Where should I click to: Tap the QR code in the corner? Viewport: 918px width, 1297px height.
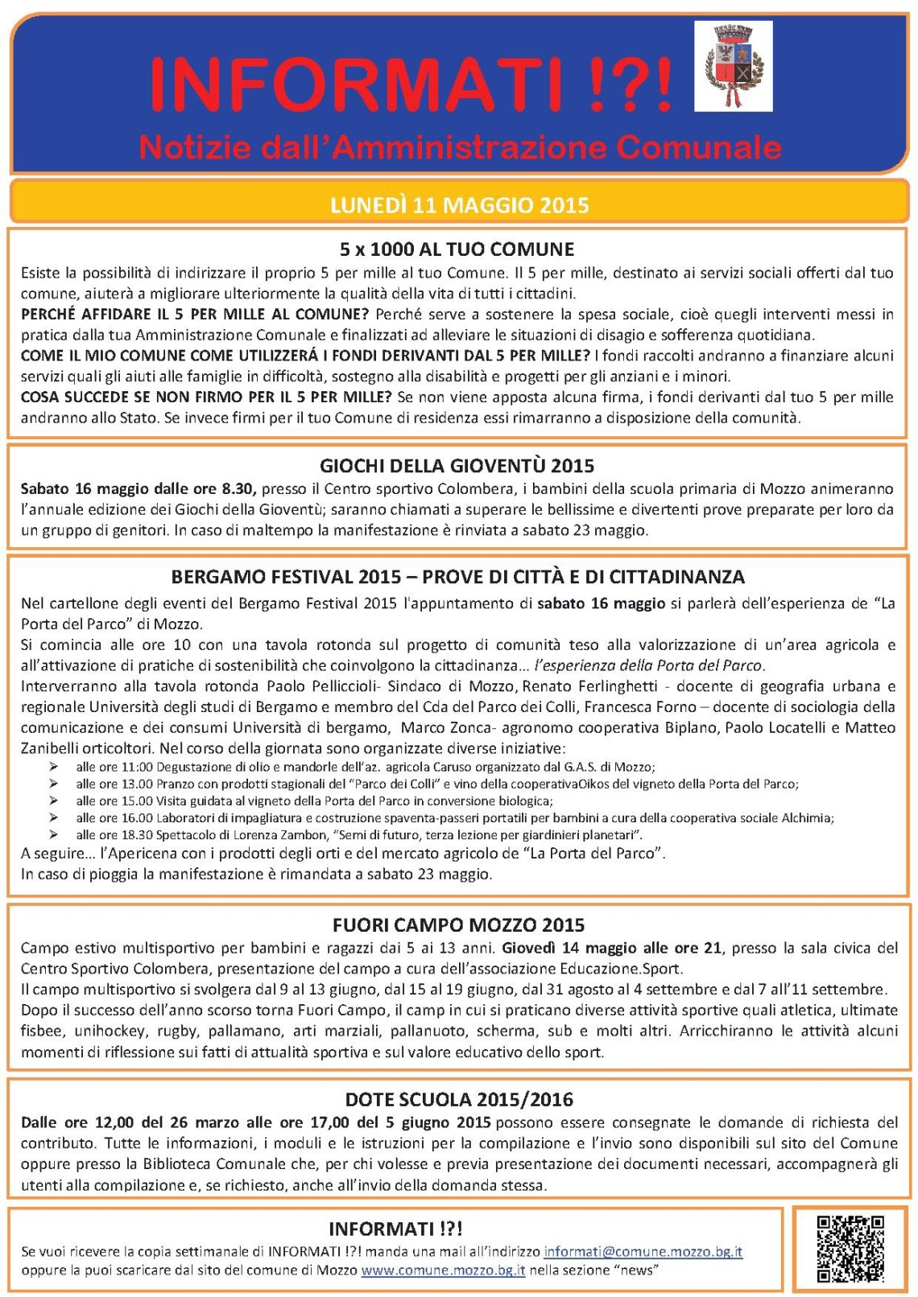[850, 1248]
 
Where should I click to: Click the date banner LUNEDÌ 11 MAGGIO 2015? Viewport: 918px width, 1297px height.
[459, 205]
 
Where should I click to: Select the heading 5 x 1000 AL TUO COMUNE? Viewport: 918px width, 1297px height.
[457, 249]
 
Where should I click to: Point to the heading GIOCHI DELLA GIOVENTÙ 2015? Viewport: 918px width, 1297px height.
[457, 465]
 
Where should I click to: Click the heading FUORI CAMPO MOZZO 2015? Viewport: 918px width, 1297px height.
[458, 924]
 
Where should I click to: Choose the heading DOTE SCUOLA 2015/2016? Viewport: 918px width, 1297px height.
[458, 1099]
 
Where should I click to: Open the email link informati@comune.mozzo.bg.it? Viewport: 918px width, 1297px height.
[643, 1251]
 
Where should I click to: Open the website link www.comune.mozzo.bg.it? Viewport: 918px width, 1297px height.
[443, 1270]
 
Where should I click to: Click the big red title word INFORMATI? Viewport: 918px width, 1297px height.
[354, 84]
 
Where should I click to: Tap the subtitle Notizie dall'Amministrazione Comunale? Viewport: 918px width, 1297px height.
[460, 147]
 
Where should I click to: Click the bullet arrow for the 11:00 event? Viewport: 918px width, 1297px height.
[54, 767]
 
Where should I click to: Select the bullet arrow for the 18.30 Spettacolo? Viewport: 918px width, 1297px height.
[54, 834]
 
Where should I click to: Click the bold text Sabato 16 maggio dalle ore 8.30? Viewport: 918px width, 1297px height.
[138, 488]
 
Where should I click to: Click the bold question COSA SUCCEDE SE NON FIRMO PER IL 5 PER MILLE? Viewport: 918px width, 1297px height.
[206, 397]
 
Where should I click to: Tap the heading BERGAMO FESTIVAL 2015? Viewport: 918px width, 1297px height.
[286, 577]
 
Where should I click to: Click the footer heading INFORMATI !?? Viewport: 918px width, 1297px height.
[395, 1229]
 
